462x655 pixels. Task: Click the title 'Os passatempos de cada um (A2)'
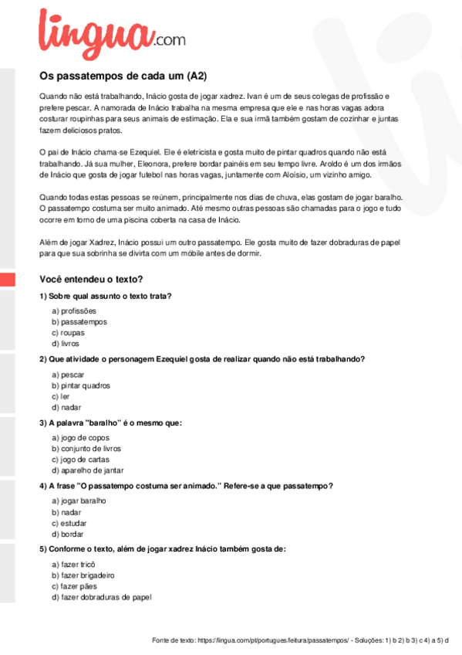point(123,76)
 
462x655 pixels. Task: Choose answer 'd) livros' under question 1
point(66,343)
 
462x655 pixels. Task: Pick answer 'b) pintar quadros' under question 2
point(81,385)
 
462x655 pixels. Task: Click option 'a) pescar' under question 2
point(68,375)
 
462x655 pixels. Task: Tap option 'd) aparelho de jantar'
point(88,470)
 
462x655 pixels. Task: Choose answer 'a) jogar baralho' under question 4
point(79,501)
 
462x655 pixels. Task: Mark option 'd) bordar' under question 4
point(68,534)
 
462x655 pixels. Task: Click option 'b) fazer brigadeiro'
point(83,575)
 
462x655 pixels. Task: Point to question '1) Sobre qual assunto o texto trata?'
point(105,296)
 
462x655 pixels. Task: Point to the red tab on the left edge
point(7,279)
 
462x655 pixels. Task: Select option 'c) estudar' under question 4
point(69,523)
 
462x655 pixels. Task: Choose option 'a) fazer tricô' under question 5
point(73,565)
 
